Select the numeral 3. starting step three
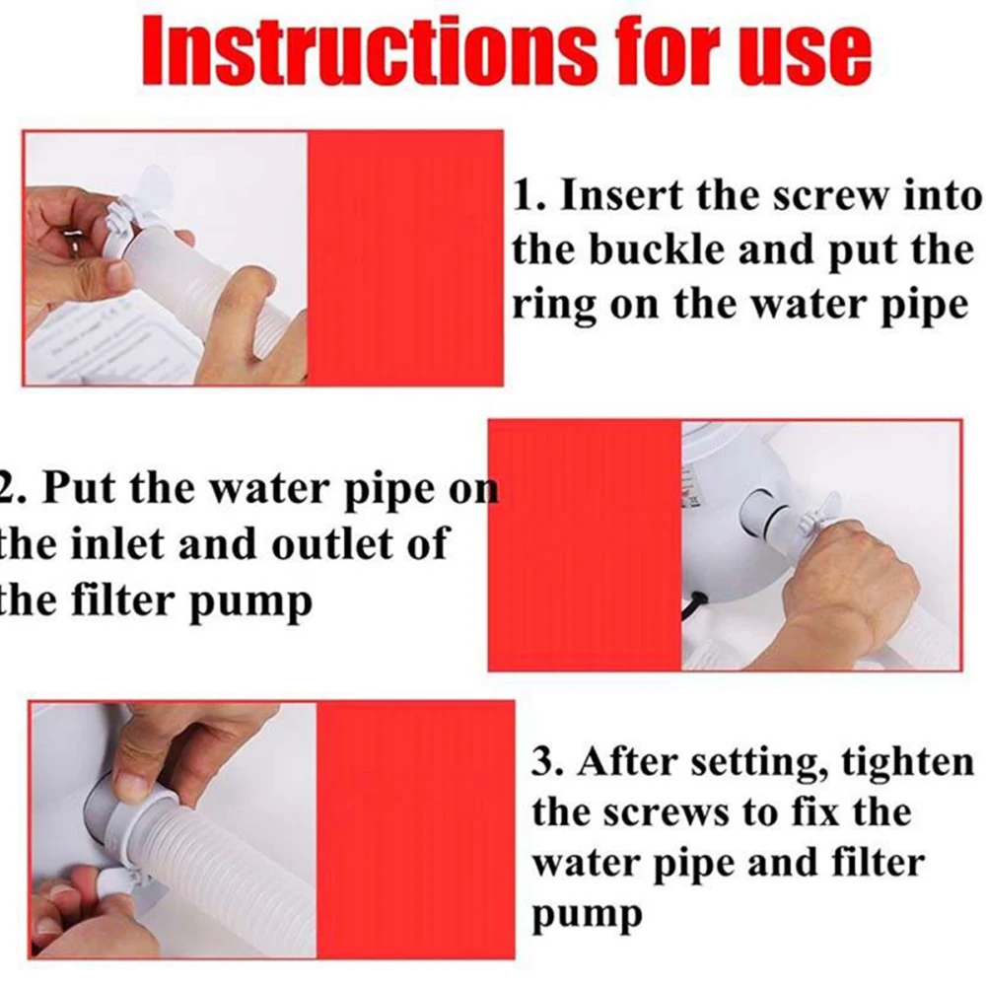(549, 762)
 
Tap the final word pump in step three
(587, 915)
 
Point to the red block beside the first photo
(405, 257)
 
